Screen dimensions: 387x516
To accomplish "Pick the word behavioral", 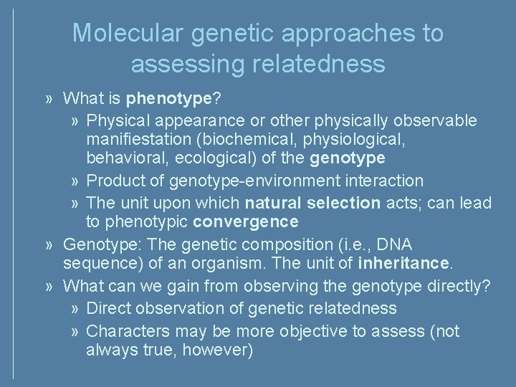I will click(x=121, y=157).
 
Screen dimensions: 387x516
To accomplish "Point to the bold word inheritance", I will click(x=403, y=264).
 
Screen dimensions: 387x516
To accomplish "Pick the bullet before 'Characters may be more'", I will click(x=76, y=332).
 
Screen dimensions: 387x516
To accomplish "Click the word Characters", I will click(x=124, y=331).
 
